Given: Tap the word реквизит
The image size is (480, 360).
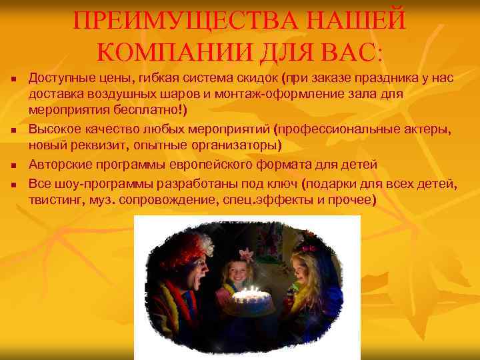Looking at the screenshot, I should [x=94, y=145].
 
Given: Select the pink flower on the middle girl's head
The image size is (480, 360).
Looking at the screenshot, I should [x=245, y=254].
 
